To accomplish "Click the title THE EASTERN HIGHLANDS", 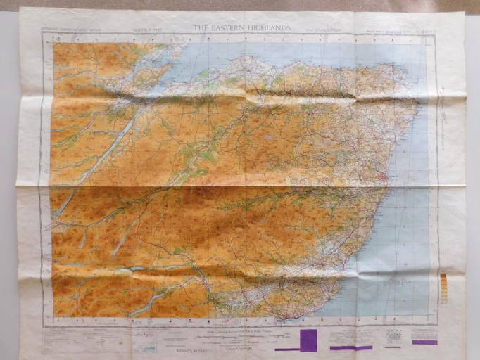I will pos(241,27).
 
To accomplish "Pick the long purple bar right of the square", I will pos(351,347).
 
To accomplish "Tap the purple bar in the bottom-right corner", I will pos(424,342).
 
